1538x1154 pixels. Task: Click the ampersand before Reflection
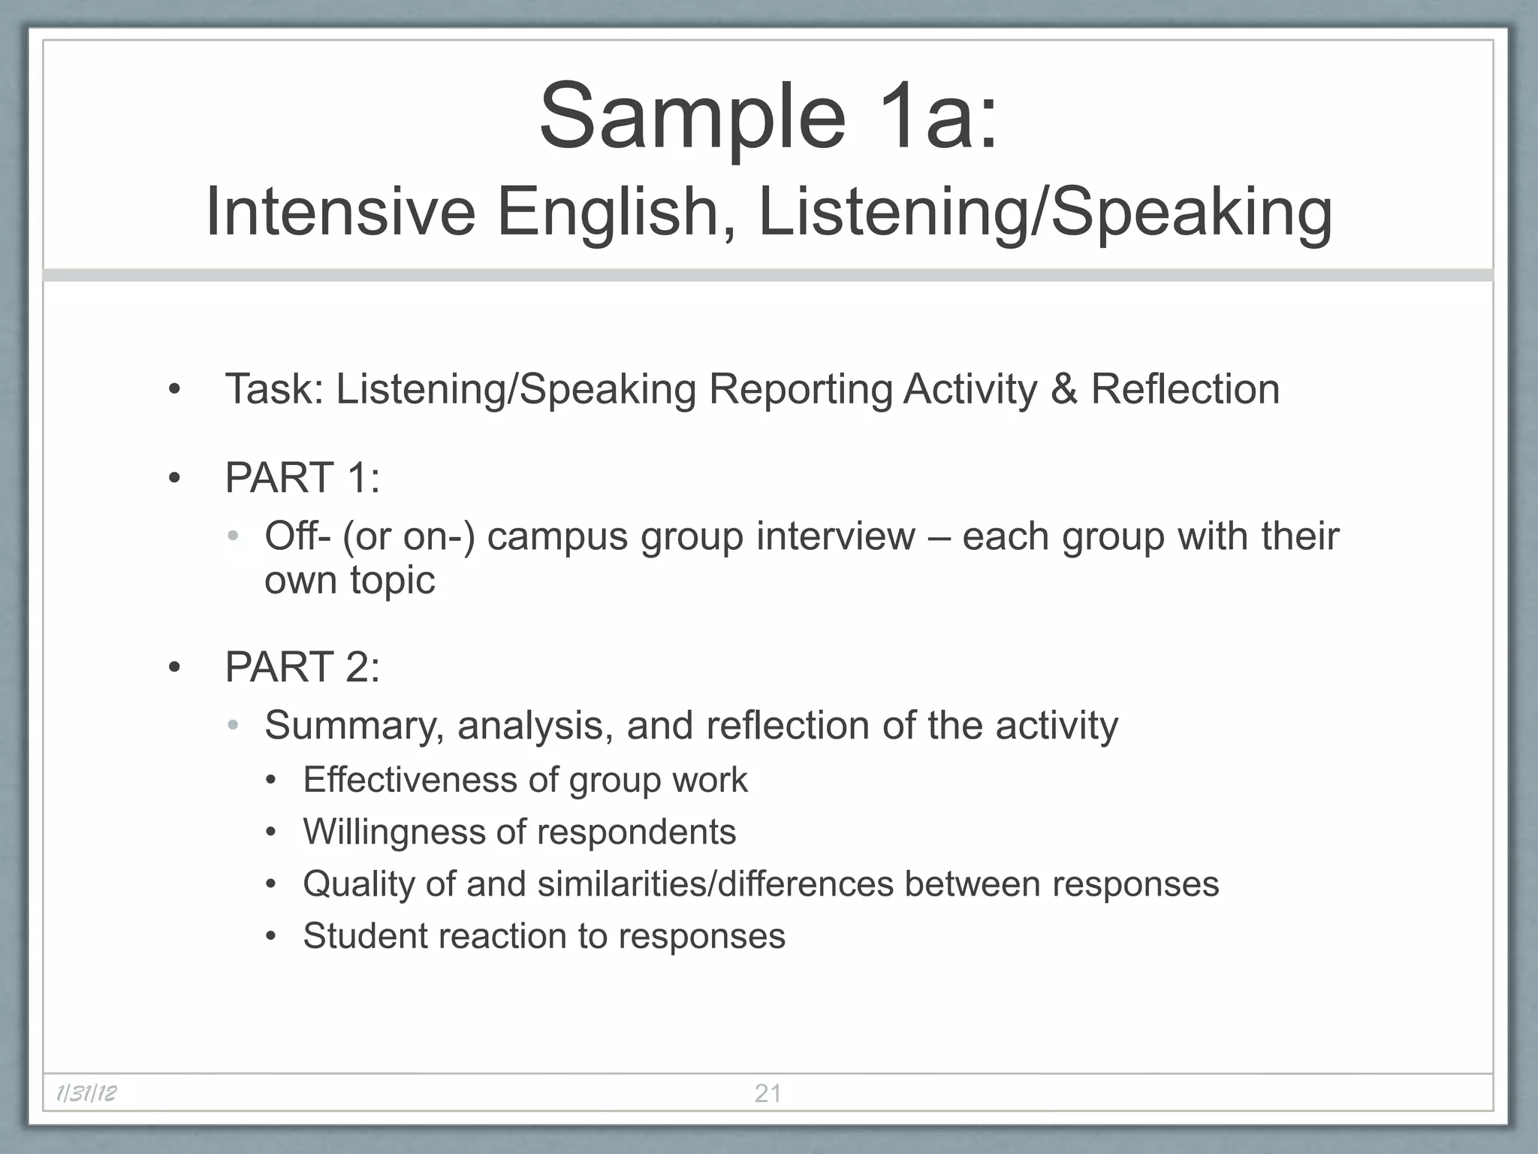pos(1064,389)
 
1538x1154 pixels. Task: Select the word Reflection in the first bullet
pos(1185,389)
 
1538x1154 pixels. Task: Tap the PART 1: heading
pos(302,478)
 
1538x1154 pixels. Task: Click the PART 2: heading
pos(302,667)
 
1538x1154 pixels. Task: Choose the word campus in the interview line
pos(557,536)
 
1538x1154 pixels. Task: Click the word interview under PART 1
pos(836,536)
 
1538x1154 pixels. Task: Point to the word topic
pos(392,580)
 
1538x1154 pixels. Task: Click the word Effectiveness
pos(410,780)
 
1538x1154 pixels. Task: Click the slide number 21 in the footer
pos(767,1093)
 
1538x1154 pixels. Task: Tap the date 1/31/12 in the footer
pos(86,1093)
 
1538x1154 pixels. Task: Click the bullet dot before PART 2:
pos(175,667)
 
